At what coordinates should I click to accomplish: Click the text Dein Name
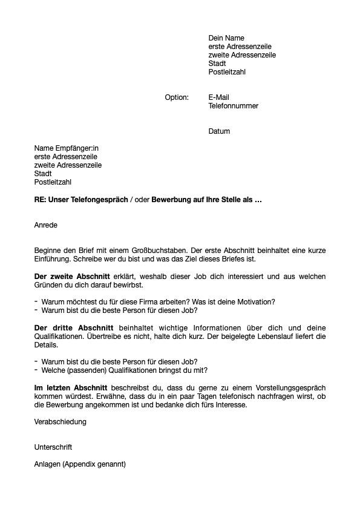click(226, 38)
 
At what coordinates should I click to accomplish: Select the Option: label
click(177, 97)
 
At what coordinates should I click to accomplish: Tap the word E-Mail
click(218, 97)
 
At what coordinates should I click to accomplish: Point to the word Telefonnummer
click(233, 106)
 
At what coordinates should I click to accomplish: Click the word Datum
click(219, 131)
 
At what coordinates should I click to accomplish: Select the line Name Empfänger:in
click(66, 148)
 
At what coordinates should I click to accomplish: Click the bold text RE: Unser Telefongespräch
click(81, 199)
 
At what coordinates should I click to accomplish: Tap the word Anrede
click(45, 225)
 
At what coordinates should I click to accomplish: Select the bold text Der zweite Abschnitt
click(72, 277)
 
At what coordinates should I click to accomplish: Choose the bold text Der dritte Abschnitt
click(71, 328)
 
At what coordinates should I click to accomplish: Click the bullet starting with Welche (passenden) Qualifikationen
click(124, 370)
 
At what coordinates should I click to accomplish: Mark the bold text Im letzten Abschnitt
click(71, 387)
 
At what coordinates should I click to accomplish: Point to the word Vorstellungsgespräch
click(288, 387)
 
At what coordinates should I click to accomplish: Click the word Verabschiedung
click(61, 421)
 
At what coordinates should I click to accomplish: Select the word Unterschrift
click(53, 447)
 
